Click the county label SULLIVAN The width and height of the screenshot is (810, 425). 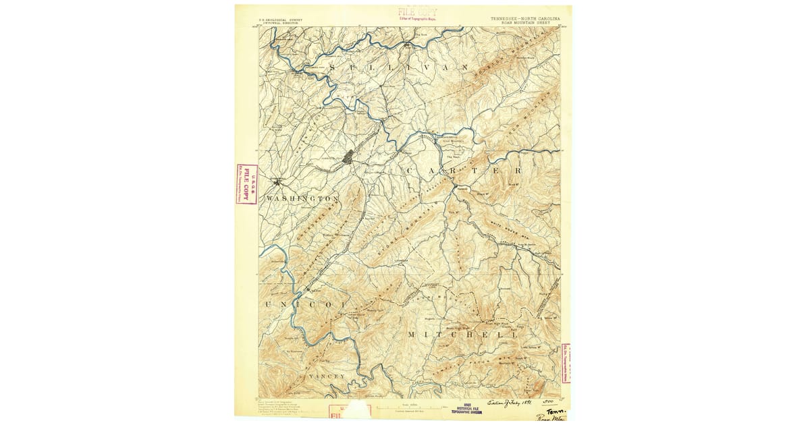coord(409,69)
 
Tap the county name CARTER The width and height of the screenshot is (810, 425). coord(454,171)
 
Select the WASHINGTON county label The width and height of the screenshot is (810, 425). coord(302,199)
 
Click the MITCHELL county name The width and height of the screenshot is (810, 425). coord(463,335)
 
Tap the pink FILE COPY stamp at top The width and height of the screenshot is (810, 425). coord(416,13)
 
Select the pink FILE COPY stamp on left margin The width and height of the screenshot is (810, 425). coord(246,184)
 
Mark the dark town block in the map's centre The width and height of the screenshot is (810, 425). coord(348,157)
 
